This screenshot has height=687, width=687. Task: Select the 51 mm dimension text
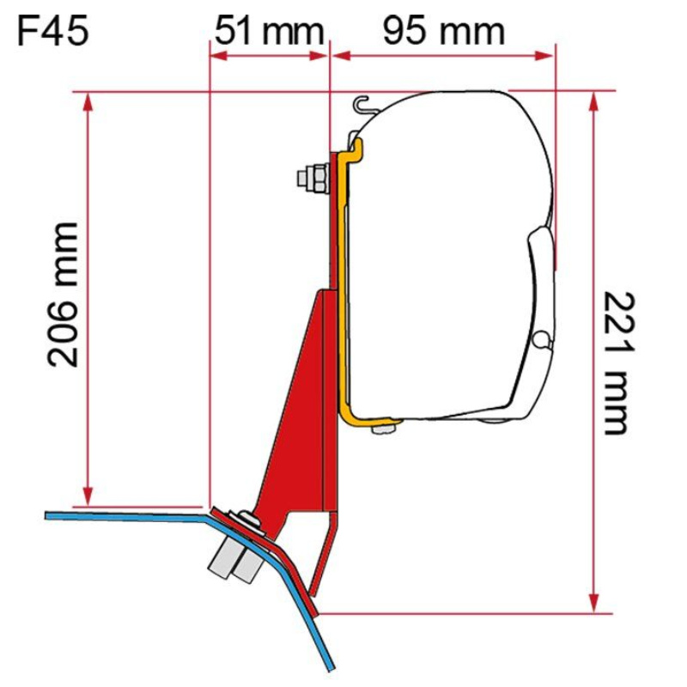click(x=268, y=32)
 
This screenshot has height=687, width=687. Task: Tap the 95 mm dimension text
click(x=443, y=32)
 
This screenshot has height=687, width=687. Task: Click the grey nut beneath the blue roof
click(x=232, y=559)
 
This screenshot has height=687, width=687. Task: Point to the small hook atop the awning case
click(x=366, y=103)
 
